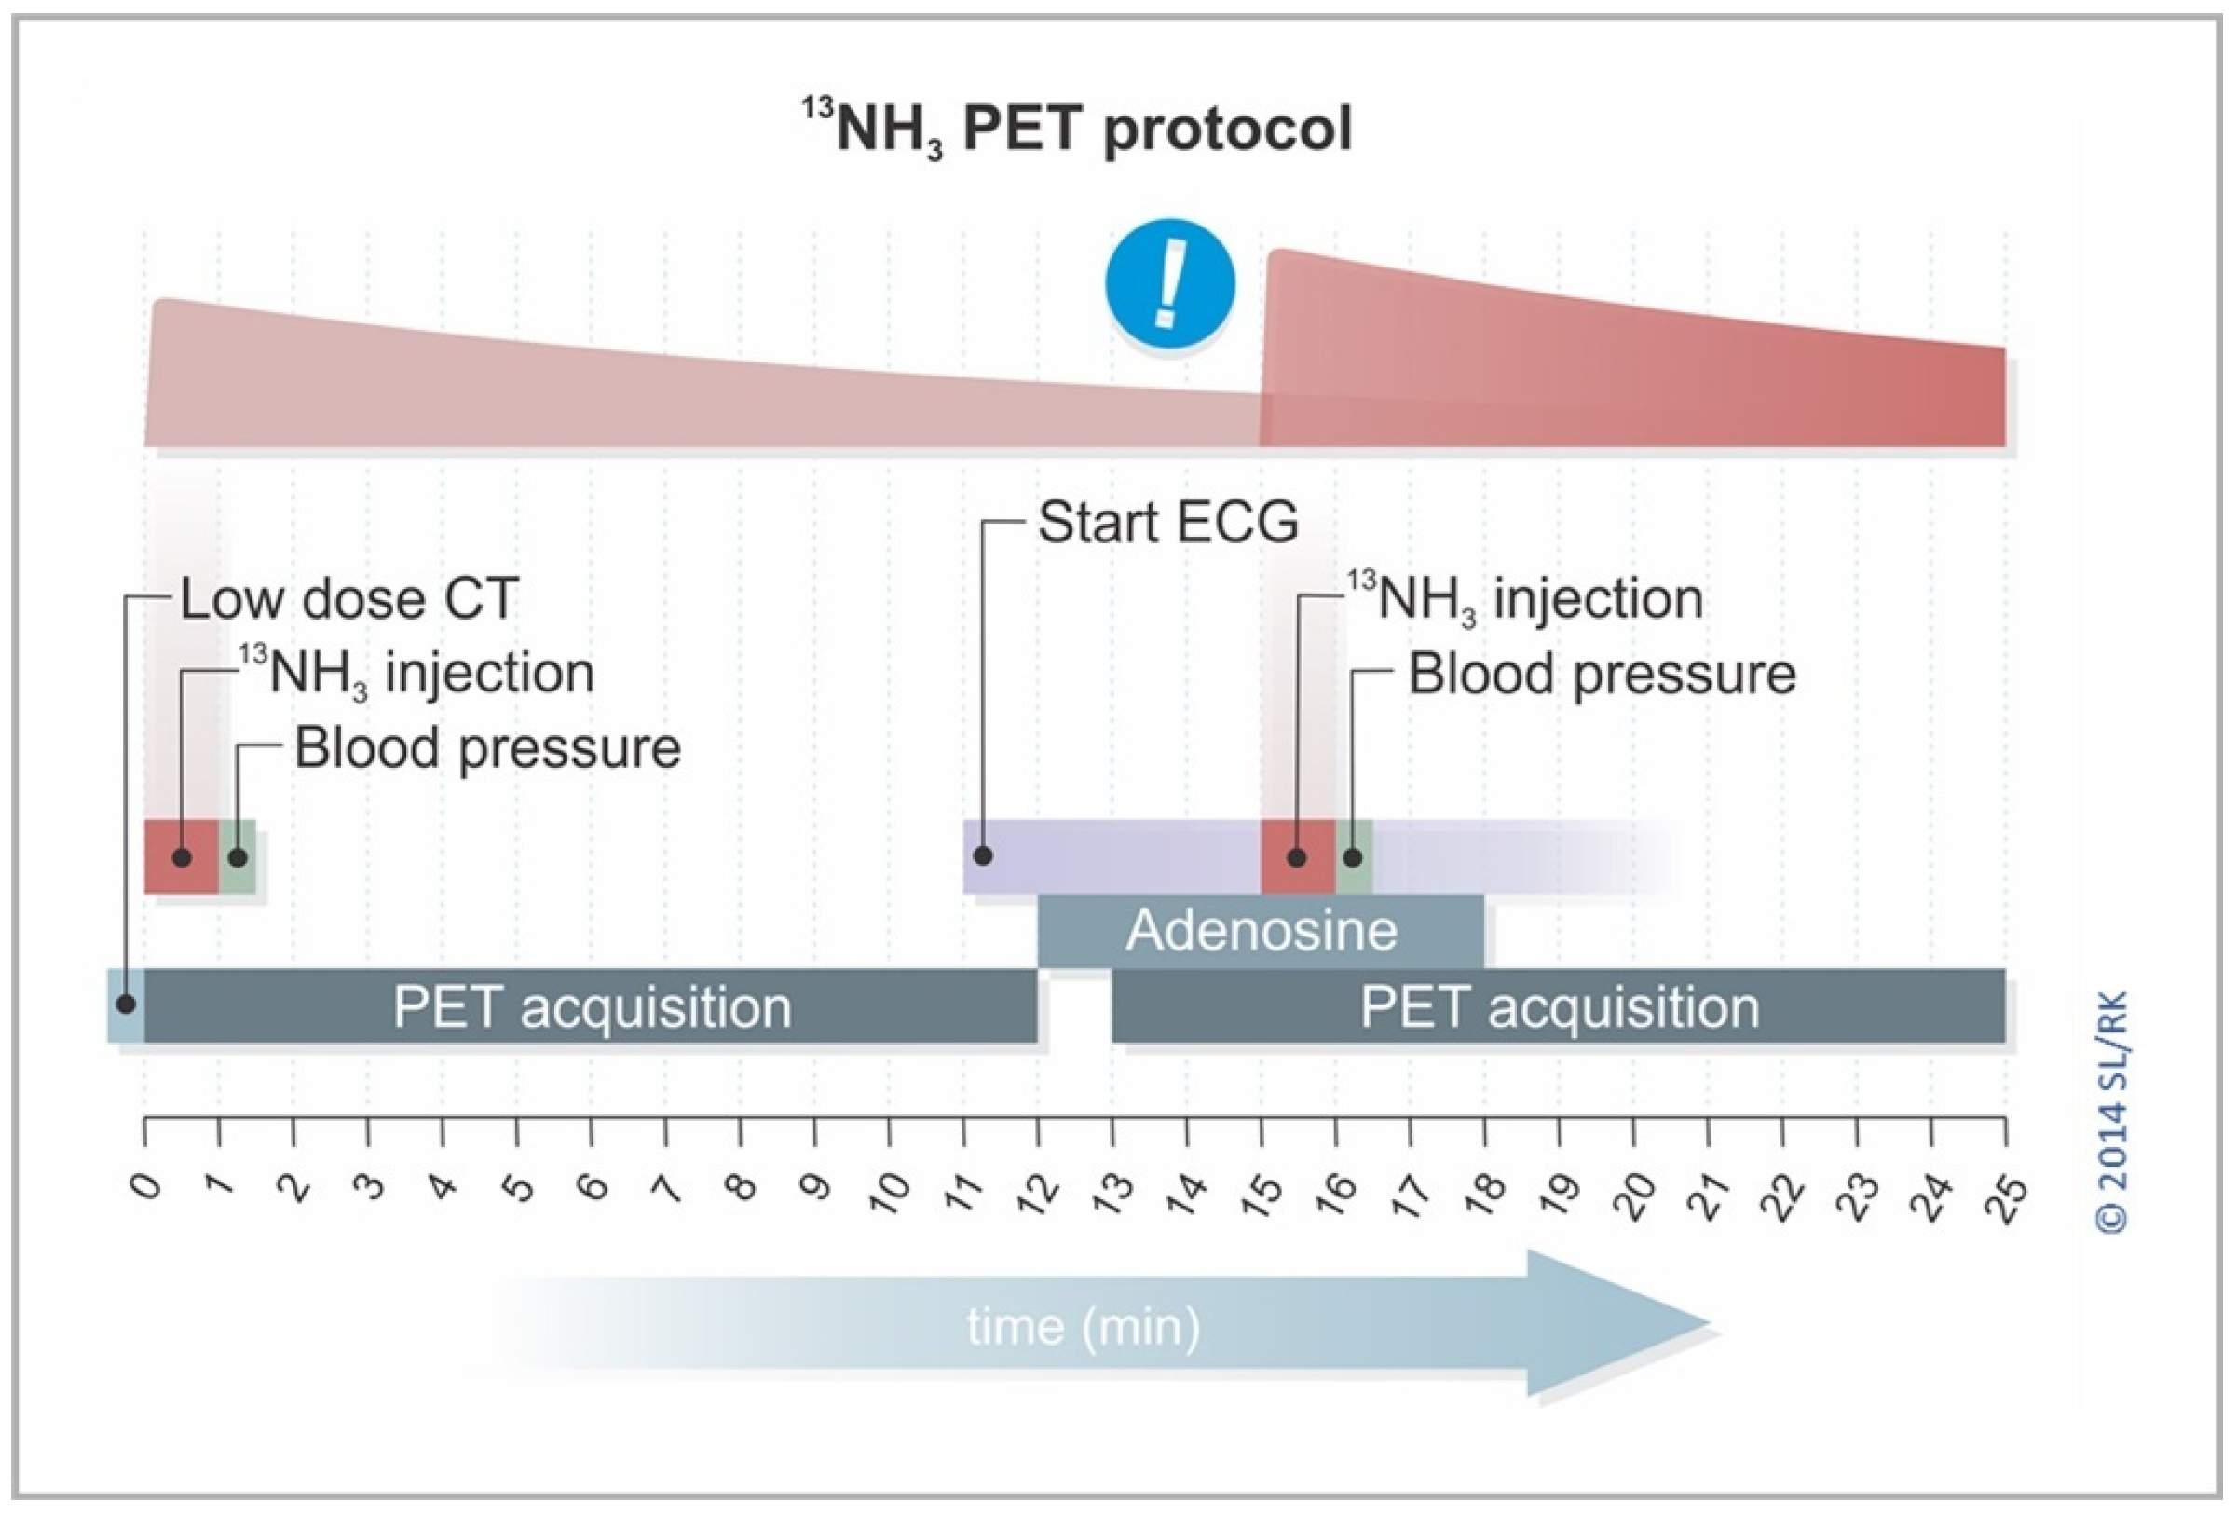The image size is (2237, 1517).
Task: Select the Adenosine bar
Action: coord(1261,931)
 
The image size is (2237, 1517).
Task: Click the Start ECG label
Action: coord(1167,523)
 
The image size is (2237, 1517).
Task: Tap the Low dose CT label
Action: coord(349,599)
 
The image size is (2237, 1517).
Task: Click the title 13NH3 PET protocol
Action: coord(1078,130)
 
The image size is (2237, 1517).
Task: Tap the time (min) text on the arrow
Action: coord(1083,1327)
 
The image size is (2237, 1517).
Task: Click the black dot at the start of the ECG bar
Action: coord(983,854)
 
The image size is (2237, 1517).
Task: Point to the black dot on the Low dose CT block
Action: coord(125,1004)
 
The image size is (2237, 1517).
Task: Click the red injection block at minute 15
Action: coord(1297,856)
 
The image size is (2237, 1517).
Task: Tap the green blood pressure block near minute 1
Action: coord(238,856)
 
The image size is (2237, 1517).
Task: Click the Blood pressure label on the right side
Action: coord(1602,674)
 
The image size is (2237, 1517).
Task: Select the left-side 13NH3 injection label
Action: coord(416,673)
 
